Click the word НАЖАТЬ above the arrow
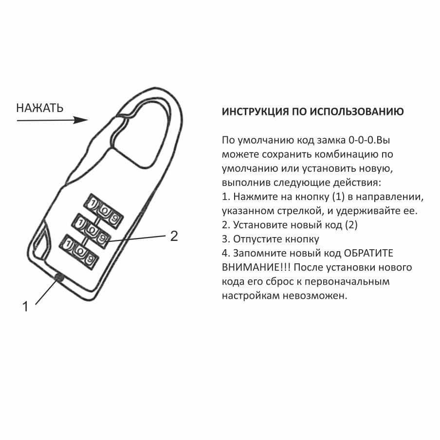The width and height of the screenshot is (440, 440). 40,108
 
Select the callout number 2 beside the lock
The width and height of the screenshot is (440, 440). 174,237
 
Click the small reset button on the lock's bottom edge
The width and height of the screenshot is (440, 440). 59,277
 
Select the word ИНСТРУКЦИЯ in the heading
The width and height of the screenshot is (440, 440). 252,111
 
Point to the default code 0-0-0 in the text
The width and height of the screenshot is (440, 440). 361,141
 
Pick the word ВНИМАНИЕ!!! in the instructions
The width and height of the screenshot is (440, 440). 257,268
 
